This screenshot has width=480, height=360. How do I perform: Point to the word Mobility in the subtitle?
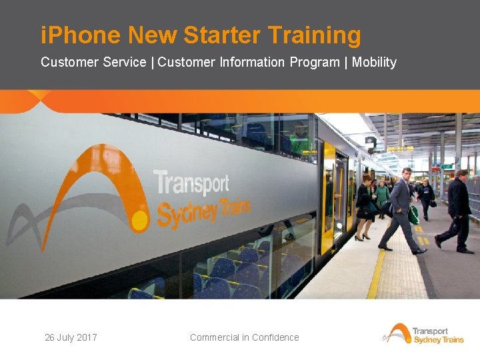(374, 62)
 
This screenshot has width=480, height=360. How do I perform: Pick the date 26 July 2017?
(71, 337)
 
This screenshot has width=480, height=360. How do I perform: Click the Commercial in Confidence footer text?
(244, 337)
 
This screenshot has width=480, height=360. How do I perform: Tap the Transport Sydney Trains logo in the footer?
(425, 333)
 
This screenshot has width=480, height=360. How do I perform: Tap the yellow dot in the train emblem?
(140, 219)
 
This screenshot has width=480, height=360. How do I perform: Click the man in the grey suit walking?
(401, 210)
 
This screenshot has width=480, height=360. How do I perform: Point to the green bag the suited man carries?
(414, 214)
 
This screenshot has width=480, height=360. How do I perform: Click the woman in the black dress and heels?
(365, 207)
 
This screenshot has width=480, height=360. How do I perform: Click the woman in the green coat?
(383, 197)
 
